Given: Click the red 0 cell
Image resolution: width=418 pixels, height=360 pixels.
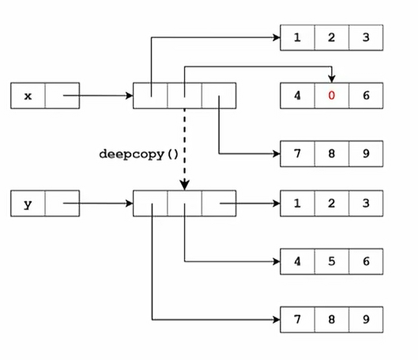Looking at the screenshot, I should tap(331, 96).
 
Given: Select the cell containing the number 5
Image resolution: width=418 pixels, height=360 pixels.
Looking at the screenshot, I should tap(331, 261).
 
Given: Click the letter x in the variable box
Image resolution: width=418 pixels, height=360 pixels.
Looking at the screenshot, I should tap(28, 96).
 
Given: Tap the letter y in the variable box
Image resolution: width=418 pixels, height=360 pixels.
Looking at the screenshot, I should tap(28, 204).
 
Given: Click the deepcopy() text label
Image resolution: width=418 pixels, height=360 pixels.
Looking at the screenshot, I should tap(139, 152).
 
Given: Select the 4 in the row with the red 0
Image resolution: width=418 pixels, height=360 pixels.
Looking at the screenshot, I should tap(297, 96).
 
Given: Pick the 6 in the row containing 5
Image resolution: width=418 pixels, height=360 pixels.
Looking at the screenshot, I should tap(365, 261).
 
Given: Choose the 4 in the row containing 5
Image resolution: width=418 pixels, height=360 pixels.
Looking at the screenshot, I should tap(297, 261).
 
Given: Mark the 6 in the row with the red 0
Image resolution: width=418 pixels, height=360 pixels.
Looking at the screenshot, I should tap(365, 96).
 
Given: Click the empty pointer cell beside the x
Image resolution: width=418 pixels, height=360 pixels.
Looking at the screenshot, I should tap(62, 96).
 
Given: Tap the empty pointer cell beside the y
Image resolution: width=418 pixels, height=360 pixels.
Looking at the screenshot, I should tap(62, 204).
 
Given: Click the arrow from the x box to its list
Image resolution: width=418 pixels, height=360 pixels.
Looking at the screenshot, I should tap(99, 96).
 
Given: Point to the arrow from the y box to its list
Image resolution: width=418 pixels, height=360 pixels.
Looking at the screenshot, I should tap(99, 204).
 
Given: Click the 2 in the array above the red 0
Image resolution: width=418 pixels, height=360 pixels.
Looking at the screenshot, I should tap(331, 37).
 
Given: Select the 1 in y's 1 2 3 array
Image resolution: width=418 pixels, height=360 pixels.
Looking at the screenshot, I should tap(297, 204).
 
